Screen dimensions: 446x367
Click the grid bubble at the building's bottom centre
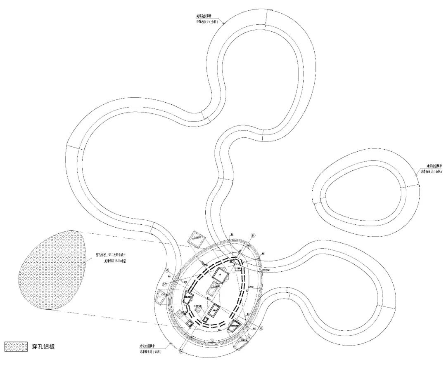coord(211,341)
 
